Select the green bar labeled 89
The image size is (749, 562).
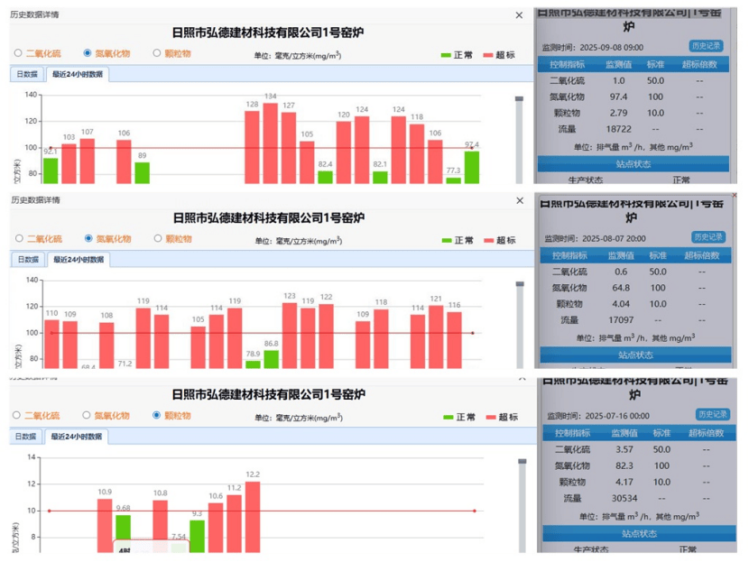point(143,172)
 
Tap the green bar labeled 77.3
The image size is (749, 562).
point(453,180)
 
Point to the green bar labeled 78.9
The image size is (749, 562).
point(253,364)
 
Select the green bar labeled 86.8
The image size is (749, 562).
point(272,358)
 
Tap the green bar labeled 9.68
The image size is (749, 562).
point(124,533)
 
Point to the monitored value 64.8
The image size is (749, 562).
point(618,287)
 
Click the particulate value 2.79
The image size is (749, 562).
point(618,113)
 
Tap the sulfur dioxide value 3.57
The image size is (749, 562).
point(618,449)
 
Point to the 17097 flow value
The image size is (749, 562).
point(618,319)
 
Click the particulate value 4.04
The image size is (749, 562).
point(618,303)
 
